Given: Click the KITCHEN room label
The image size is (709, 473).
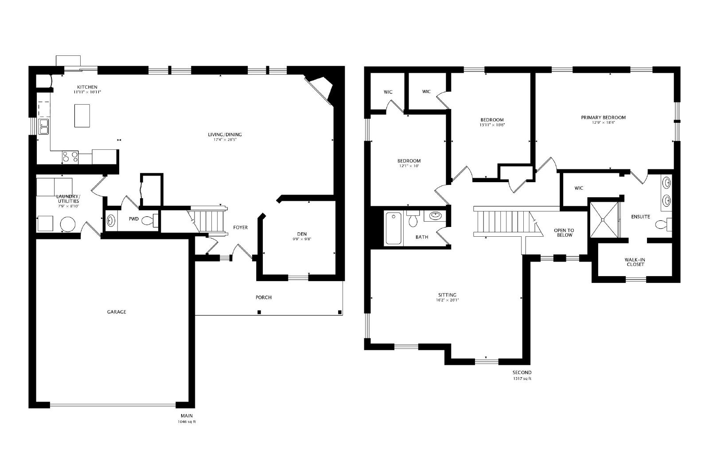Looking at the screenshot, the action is pyautogui.click(x=87, y=87).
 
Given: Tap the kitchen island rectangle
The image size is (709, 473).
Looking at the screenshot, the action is pyautogui.click(x=82, y=116).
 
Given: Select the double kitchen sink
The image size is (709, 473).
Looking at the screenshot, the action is pyautogui.click(x=43, y=127).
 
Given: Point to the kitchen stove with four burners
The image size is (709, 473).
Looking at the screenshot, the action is pyautogui.click(x=70, y=157).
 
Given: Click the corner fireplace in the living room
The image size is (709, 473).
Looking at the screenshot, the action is pyautogui.click(x=321, y=89).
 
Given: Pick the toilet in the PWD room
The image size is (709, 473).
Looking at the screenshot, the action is pyautogui.click(x=150, y=220).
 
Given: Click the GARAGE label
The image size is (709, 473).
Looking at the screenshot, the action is pyautogui.click(x=117, y=312).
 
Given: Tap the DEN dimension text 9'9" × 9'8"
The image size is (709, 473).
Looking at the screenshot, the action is pyautogui.click(x=302, y=239).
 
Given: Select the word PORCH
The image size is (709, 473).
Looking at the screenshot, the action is pyautogui.click(x=263, y=297).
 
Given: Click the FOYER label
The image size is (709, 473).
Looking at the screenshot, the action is pyautogui.click(x=240, y=227).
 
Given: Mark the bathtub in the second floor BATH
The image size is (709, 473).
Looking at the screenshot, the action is pyautogui.click(x=393, y=228).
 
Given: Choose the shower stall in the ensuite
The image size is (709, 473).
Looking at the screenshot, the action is pyautogui.click(x=603, y=219).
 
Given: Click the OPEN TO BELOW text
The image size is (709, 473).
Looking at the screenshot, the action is pyautogui.click(x=564, y=233).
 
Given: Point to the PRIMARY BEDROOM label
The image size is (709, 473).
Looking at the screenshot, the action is pyautogui.click(x=603, y=117).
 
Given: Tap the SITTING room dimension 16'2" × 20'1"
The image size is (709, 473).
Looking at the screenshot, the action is pyautogui.click(x=447, y=300).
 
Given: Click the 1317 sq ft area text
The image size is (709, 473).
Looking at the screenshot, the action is pyautogui.click(x=522, y=378).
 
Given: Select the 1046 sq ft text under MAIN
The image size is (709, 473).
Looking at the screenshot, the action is pyautogui.click(x=187, y=422).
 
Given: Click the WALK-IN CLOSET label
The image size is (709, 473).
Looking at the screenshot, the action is pyautogui.click(x=635, y=262).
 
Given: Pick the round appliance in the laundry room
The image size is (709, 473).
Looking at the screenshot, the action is pyautogui.click(x=68, y=224).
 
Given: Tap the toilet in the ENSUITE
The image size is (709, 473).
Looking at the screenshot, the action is pyautogui.click(x=663, y=224).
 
